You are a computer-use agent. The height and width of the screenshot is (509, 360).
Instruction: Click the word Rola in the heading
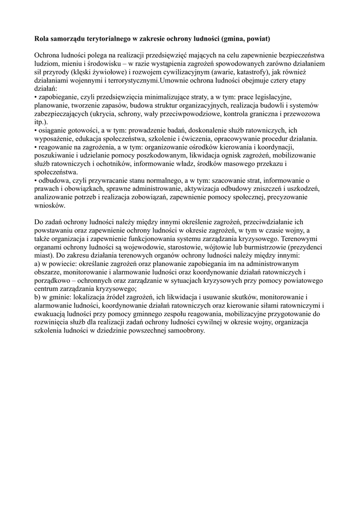click(41, 38)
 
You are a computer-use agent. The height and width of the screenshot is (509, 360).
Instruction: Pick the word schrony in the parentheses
click(141, 114)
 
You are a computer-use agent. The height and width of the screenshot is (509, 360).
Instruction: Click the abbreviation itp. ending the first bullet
click(41, 122)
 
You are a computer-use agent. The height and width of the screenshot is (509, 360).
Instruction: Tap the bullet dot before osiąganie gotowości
click(36, 130)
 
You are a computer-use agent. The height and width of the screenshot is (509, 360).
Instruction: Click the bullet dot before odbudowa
click(36, 181)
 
